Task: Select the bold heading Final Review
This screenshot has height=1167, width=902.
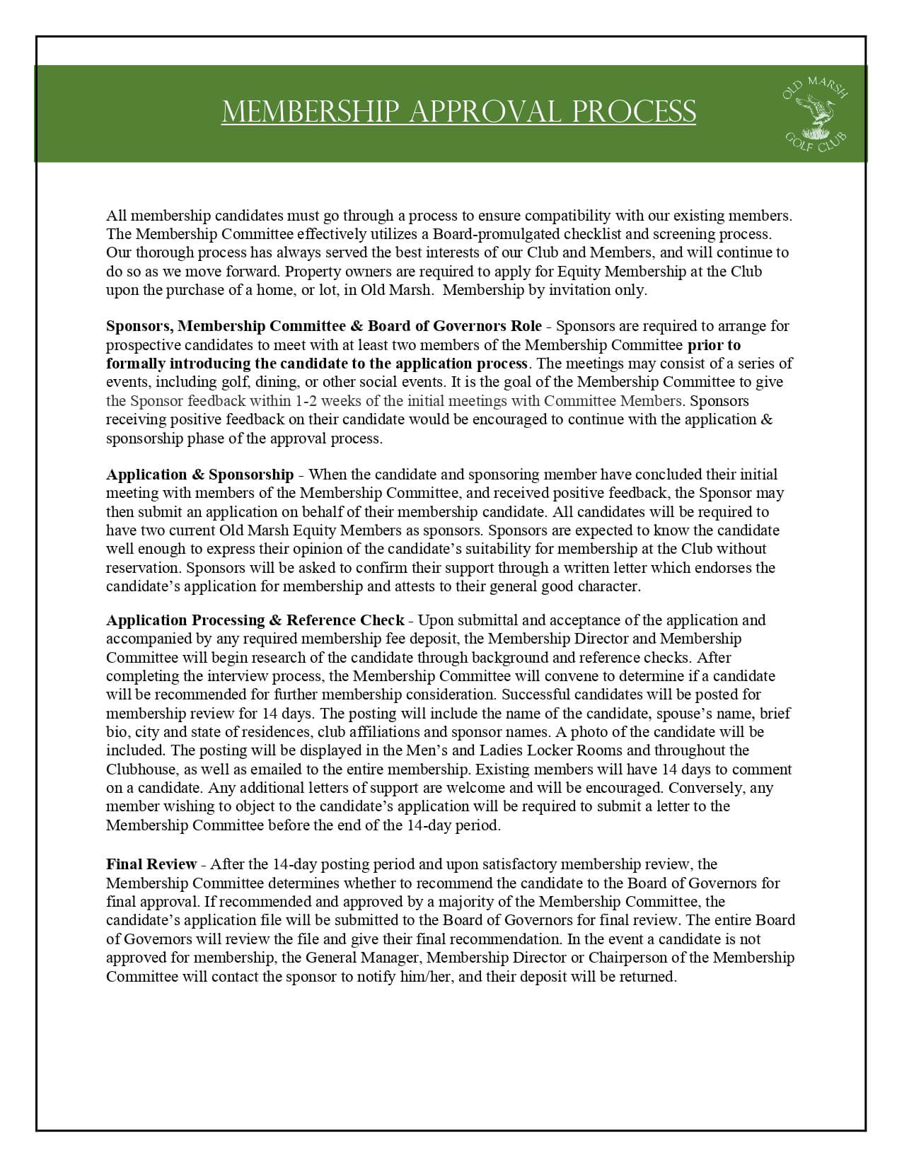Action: (151, 864)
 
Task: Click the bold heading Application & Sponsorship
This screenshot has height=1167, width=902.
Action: (200, 475)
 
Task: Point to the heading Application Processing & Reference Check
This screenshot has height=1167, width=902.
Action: (255, 620)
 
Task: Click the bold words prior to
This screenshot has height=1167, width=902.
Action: (714, 345)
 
